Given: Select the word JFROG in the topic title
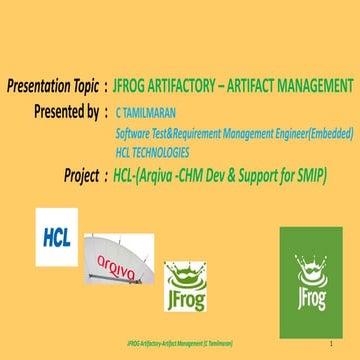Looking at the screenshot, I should (135, 86).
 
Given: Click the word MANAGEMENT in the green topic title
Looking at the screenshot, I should (313, 86).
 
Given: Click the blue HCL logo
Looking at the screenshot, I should (57, 238).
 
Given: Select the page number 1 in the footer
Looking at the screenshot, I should (328, 342).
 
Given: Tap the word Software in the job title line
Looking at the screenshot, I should (135, 130).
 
